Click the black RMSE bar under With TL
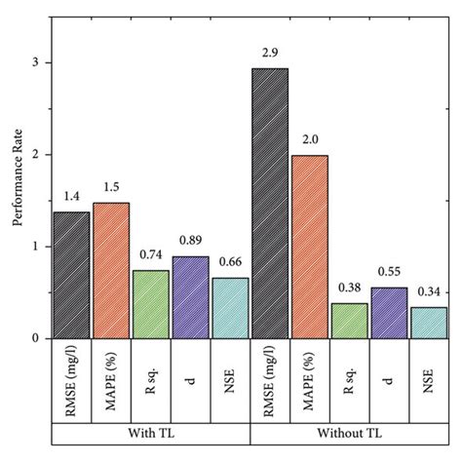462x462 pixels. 71,276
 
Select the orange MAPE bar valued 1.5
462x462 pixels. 110,271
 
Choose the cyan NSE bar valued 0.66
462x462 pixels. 230,309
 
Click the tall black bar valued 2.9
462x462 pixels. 269,204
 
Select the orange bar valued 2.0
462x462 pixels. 309,247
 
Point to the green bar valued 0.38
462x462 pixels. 349,322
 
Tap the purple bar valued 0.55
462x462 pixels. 389,314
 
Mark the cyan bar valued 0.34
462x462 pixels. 429,324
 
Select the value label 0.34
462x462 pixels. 429,292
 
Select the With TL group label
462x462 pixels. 151,430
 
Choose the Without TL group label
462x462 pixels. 349,430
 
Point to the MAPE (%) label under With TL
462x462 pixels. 110,375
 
